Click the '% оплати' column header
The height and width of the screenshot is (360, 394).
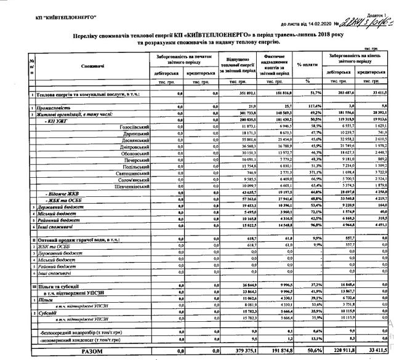pos(308,65)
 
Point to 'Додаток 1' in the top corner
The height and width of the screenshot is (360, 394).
pos(376,5)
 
